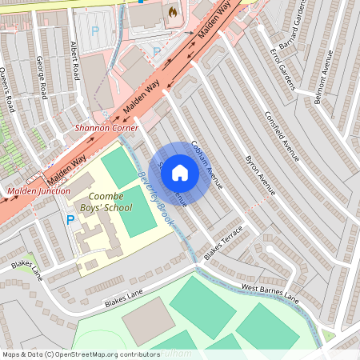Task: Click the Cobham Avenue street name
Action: pos(207,164)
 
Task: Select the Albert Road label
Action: pos(76,61)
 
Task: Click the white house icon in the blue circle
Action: pos(180,172)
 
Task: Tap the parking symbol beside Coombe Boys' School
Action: pos(70,219)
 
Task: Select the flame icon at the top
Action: pos(171,12)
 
